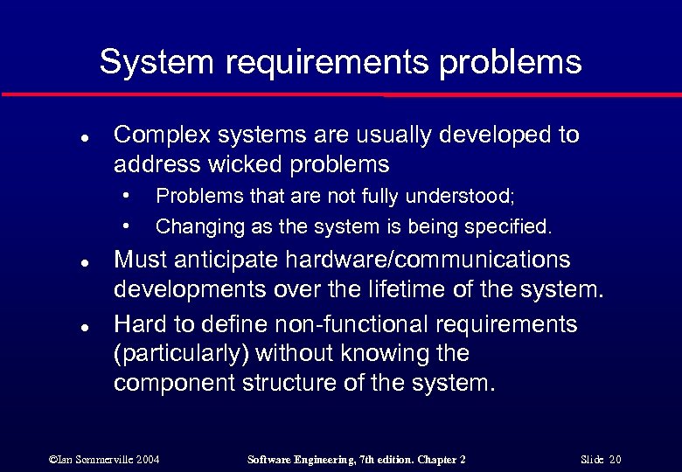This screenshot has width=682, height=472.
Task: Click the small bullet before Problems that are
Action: [x=128, y=193]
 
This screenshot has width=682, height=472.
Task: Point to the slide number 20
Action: [x=615, y=459]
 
